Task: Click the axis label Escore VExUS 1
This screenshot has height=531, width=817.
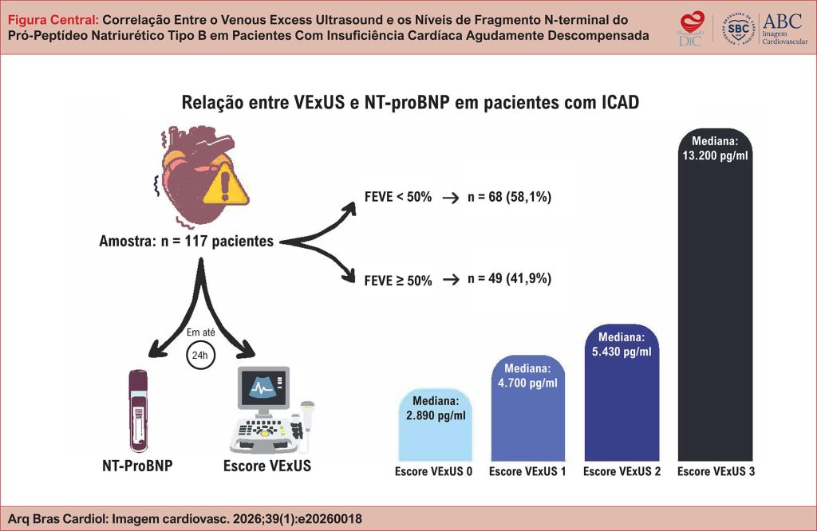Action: tap(527, 471)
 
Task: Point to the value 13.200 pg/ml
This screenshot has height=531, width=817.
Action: tap(716, 155)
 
